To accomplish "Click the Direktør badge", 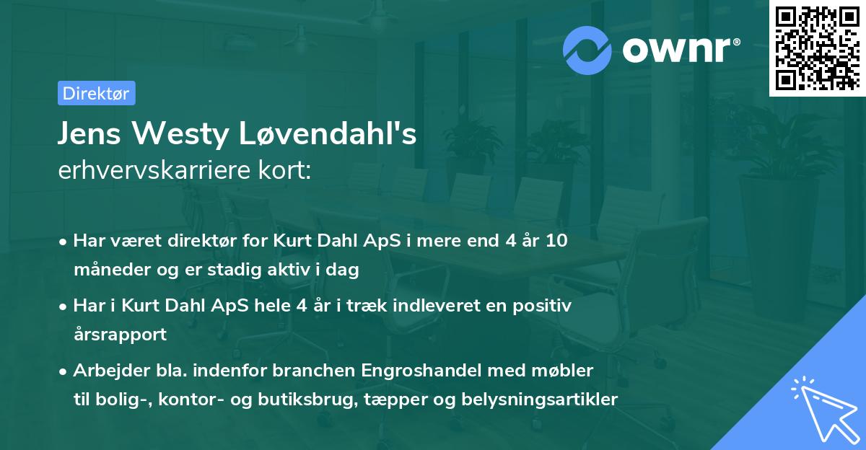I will click(96, 93).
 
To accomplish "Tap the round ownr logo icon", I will click(588, 50).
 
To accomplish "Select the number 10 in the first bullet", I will click(556, 241).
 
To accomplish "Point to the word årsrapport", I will click(120, 335).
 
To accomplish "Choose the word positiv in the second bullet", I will click(546, 306).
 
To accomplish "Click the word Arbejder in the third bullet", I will click(106, 371).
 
